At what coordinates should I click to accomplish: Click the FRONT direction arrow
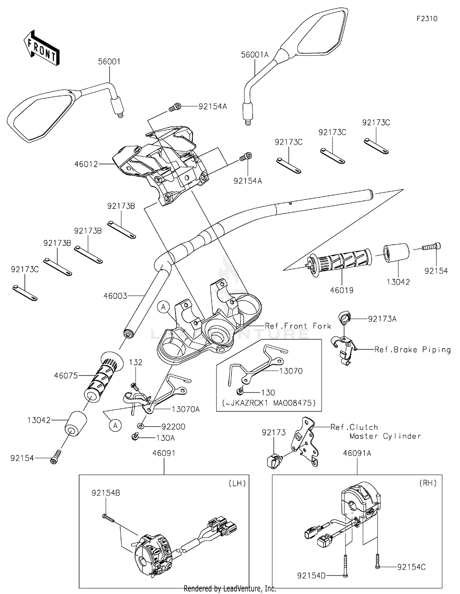coord(41,48)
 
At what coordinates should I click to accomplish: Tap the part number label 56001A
coord(255,55)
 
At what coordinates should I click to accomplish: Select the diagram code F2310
coord(427,19)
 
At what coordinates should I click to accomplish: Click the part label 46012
coord(86,164)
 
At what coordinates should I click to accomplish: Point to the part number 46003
coord(115,296)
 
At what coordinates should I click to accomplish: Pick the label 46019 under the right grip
coord(342,290)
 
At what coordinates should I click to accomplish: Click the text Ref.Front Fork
coord(298,326)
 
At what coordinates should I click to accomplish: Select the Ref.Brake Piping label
coord(412,350)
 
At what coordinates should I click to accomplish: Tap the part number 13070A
coord(186,409)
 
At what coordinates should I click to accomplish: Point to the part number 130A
coord(165,438)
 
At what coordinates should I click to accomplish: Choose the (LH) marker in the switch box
coord(237,483)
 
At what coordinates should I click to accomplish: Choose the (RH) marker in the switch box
coord(428,483)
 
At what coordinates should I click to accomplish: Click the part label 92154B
coord(105,493)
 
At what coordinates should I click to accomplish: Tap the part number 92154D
coord(311,576)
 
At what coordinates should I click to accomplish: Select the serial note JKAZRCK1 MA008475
coord(269,403)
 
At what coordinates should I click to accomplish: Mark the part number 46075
coord(66,375)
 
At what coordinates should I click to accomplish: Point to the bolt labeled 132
coord(134,386)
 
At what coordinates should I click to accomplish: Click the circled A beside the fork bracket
coord(163,307)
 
